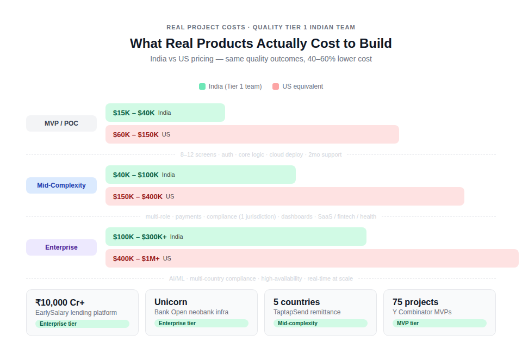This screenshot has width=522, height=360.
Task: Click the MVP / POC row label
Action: (61, 123)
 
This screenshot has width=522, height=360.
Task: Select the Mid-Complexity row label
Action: (61, 185)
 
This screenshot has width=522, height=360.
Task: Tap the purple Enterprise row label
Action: (61, 247)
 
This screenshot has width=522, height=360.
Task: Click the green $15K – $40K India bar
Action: (165, 113)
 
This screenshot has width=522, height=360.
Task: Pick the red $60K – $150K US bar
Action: (252, 134)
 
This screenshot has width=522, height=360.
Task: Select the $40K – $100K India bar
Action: (200, 175)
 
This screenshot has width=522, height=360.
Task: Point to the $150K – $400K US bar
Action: (284, 196)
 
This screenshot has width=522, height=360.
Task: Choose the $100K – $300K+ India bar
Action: (235, 237)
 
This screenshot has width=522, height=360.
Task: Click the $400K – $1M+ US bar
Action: (312, 258)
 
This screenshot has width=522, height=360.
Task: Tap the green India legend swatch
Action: (202, 86)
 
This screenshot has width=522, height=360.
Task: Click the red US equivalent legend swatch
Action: (276, 86)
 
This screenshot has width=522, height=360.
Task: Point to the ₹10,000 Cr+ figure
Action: (60, 302)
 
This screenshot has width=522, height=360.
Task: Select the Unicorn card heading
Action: (171, 302)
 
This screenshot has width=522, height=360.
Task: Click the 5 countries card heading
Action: (296, 302)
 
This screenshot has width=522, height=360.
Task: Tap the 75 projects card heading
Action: (415, 302)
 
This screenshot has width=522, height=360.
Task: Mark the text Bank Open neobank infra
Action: (191, 312)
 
